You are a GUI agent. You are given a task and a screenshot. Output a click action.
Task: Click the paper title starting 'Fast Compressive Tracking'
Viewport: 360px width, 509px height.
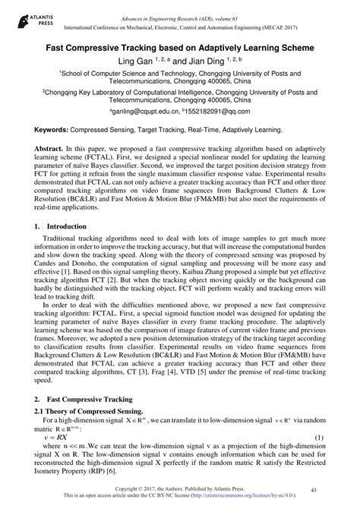point(179,46)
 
